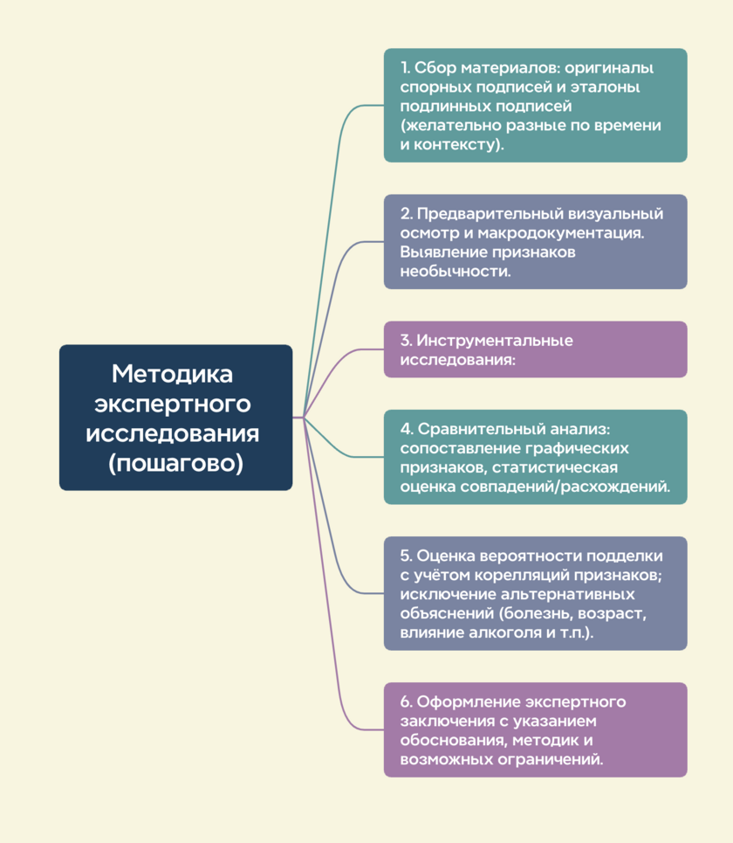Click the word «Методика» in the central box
pyautogui.click(x=173, y=374)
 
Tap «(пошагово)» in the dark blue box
pyautogui.click(x=175, y=463)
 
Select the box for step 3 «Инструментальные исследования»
pyautogui.click(x=536, y=349)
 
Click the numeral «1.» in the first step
pyautogui.click(x=405, y=68)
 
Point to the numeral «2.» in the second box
pyautogui.click(x=406, y=213)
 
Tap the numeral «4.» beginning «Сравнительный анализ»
pyautogui.click(x=407, y=429)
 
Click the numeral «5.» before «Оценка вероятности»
pyautogui.click(x=406, y=556)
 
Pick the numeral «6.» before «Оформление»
pyautogui.click(x=406, y=701)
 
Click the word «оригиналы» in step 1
pyautogui.click(x=609, y=69)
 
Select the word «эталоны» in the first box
pyautogui.click(x=606, y=87)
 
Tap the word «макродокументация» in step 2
pyautogui.click(x=560, y=233)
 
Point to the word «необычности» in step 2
pyautogui.click(x=456, y=271)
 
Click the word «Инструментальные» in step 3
pyautogui.click(x=495, y=341)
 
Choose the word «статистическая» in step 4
pyautogui.click(x=555, y=467)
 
